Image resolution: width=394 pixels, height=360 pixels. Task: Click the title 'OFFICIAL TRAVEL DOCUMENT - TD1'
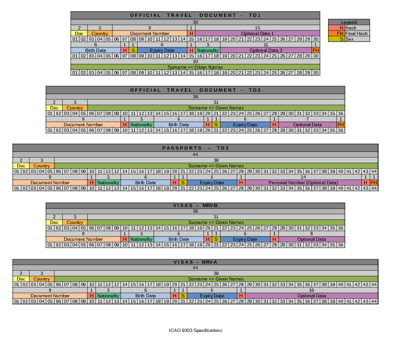(195, 15)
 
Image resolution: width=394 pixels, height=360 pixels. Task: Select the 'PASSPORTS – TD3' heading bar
(195, 148)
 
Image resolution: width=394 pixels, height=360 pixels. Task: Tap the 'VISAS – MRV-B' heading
(195, 205)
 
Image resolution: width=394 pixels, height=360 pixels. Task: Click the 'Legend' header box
(349, 22)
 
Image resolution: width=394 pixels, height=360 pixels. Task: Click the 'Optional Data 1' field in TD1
(257, 34)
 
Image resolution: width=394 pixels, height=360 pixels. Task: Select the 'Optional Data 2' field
(266, 50)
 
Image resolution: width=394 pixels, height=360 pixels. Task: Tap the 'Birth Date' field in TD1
(95, 50)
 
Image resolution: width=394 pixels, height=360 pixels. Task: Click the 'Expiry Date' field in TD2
(245, 125)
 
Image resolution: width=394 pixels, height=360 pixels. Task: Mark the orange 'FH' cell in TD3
(373, 183)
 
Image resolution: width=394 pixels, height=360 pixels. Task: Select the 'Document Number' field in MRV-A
(50, 296)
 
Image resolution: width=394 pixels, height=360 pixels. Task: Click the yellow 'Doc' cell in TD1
(79, 34)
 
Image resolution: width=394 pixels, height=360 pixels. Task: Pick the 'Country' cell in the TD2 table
(75, 108)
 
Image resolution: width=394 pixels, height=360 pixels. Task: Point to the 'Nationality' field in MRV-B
(141, 239)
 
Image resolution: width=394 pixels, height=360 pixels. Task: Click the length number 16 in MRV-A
(311, 290)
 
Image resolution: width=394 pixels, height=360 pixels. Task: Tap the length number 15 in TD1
(257, 28)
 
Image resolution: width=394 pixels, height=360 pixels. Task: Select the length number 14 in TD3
(303, 177)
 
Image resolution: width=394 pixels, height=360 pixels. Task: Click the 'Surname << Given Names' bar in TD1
(195, 67)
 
